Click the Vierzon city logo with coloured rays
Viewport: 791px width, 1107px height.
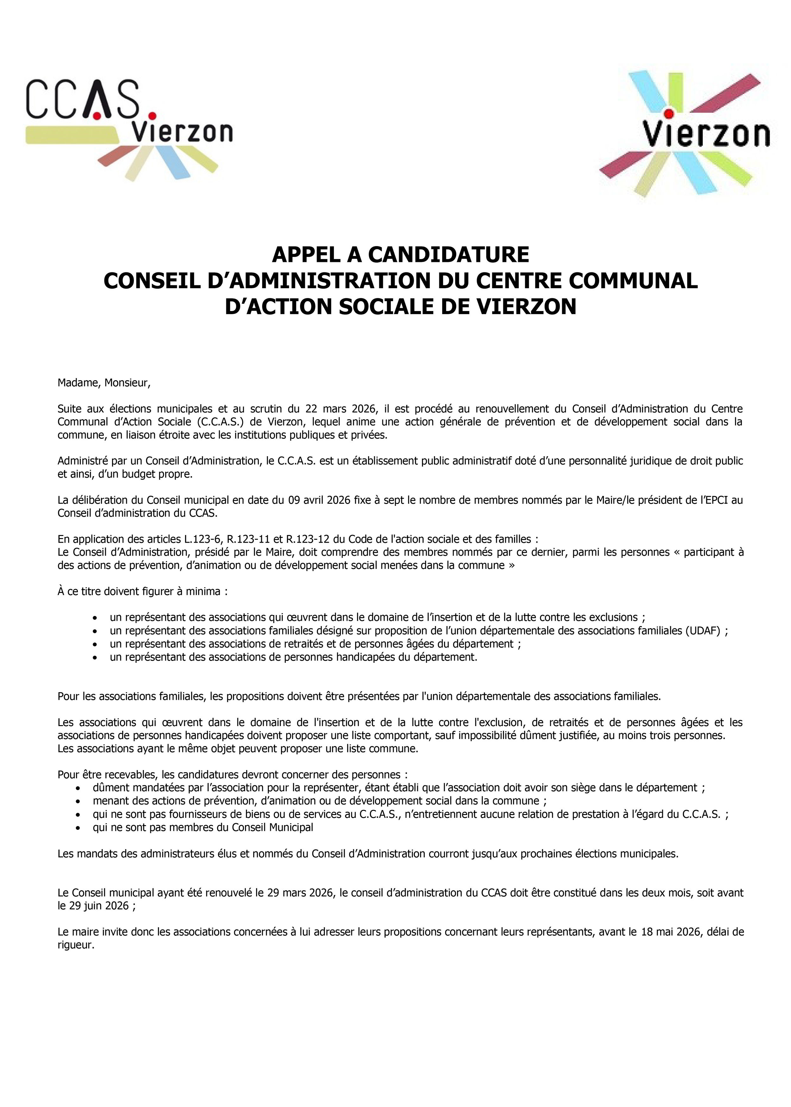pyautogui.click(x=684, y=131)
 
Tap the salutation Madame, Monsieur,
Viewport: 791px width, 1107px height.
pyautogui.click(x=104, y=383)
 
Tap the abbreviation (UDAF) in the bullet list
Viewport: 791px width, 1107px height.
pyautogui.click(x=702, y=631)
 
